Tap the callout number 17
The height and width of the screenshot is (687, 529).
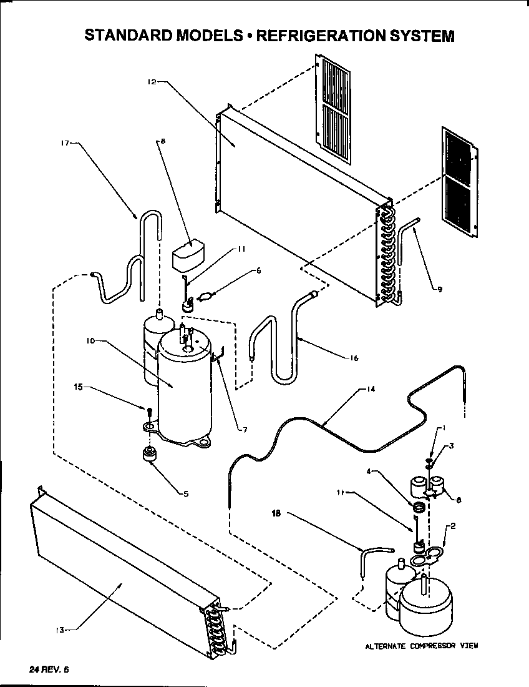point(64,143)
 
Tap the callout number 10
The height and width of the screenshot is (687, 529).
point(90,342)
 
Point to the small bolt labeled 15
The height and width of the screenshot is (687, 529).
point(149,411)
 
